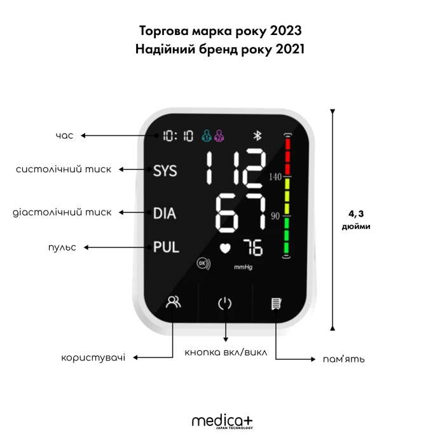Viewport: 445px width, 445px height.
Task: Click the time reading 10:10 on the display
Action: tap(178, 136)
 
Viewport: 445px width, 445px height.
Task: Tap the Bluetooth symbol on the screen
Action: tap(257, 135)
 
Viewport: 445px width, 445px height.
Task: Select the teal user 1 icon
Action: tap(207, 135)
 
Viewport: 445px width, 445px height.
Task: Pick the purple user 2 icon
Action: tap(219, 135)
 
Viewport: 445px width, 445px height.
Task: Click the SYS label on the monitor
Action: tap(165, 171)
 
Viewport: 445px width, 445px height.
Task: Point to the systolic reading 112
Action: tap(236, 169)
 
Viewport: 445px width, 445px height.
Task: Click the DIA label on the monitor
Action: tap(165, 213)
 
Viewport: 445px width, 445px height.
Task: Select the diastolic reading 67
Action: tap(241, 212)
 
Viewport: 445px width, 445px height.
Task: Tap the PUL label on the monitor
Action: tap(166, 247)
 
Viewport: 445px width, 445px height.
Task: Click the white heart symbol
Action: tap(225, 249)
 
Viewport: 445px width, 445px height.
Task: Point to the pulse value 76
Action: tap(253, 247)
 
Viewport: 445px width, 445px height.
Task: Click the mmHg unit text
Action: tap(243, 267)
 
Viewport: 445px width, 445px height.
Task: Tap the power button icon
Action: tap(225, 303)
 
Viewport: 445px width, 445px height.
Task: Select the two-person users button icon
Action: tap(173, 302)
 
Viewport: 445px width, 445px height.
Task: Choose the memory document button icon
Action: tap(277, 304)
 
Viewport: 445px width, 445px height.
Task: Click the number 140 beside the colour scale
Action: tap(275, 177)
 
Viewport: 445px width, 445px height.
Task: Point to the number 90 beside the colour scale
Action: tap(275, 216)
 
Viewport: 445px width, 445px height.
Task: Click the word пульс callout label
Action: tap(62, 247)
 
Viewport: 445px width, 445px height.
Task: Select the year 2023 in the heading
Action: tap(285, 31)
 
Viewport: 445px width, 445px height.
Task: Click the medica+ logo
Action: tap(222, 421)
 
